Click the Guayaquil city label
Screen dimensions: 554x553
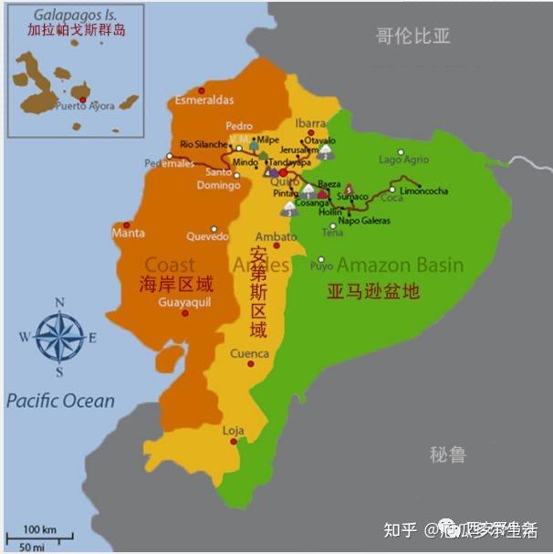184,301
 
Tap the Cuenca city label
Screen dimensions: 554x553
249,353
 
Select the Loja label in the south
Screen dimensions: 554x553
234,430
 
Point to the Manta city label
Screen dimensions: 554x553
128,234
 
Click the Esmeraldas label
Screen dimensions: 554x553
204,99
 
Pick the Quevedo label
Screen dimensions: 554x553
207,236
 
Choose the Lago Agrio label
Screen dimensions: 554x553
403,160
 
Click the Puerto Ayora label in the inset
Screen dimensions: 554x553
85,107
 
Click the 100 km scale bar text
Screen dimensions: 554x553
40,529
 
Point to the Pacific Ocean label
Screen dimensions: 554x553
60,401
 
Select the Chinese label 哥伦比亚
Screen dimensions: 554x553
413,37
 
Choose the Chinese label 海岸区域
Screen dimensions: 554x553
177,282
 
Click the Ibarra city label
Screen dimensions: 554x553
310,123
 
